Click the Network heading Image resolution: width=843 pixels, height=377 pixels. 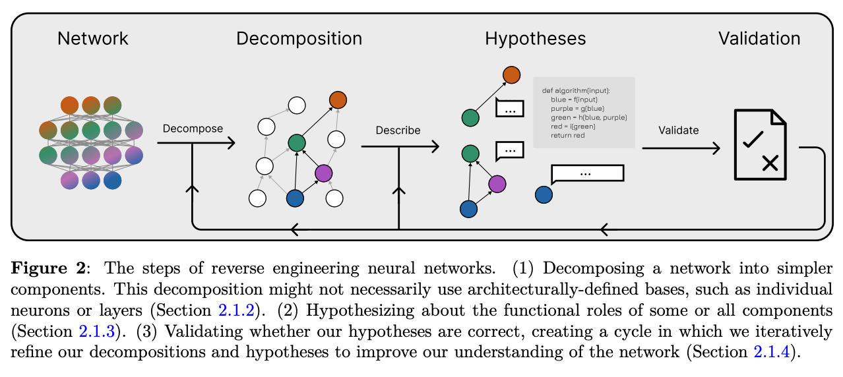click(93, 39)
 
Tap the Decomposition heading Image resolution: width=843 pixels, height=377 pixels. click(299, 39)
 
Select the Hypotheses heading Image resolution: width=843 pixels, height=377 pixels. click(535, 39)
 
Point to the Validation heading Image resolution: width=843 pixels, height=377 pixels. click(759, 39)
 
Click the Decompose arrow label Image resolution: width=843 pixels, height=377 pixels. click(193, 129)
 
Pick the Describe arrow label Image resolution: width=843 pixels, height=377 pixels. click(398, 130)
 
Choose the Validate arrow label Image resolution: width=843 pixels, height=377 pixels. click(678, 130)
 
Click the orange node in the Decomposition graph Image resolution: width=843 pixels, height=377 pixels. click(338, 100)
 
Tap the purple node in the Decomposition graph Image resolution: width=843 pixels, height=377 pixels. click(323, 173)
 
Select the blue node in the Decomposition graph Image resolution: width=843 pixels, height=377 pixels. click(295, 197)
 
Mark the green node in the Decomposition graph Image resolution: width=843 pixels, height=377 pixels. click(297, 143)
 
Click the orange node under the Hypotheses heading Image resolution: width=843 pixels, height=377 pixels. click(511, 74)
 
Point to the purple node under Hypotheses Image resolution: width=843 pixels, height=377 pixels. click(497, 184)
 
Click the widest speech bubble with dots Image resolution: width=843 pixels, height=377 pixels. click(587, 173)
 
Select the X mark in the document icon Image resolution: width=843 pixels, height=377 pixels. click(769, 162)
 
